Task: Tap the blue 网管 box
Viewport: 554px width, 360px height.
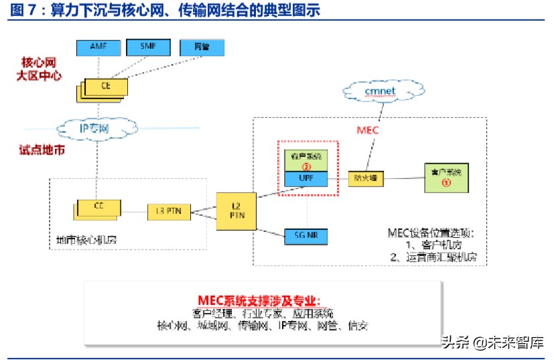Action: (x=201, y=47)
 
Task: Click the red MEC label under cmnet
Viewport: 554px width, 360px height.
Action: (x=366, y=130)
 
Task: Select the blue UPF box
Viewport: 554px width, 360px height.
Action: (x=305, y=178)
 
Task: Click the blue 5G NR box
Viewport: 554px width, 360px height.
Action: (x=305, y=235)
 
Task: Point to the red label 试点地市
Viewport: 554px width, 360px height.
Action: (x=42, y=150)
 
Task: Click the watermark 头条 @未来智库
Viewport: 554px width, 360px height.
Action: (x=492, y=342)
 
